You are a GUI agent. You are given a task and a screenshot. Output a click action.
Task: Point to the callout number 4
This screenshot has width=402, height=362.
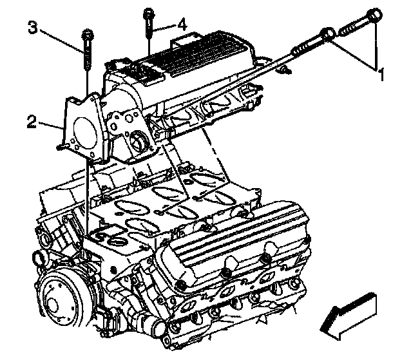pos(182,25)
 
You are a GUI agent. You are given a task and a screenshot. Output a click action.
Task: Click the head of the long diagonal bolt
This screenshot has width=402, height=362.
pos(328,35)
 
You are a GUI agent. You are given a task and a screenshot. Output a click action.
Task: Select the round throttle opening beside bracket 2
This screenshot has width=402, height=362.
pos(137,140)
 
